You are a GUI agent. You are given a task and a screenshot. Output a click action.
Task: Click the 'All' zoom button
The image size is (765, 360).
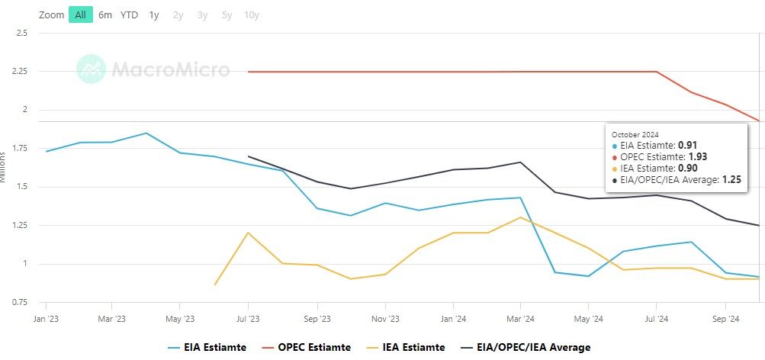[80, 15]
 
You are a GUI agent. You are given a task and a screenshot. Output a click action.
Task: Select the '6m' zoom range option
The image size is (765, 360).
[105, 15]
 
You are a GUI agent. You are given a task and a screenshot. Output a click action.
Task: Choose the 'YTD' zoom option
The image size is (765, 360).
[129, 15]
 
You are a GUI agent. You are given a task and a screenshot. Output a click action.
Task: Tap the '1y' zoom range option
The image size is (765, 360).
[154, 15]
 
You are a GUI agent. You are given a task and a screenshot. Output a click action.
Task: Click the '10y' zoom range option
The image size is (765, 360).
[251, 15]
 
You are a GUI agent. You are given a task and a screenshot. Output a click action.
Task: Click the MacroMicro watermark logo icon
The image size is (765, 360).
[91, 69]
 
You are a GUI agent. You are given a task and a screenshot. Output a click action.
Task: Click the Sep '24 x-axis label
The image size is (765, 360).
[725, 318]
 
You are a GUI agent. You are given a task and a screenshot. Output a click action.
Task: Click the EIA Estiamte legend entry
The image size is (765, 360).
[207, 347]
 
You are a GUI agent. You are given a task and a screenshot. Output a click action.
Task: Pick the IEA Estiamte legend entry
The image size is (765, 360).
[413, 347]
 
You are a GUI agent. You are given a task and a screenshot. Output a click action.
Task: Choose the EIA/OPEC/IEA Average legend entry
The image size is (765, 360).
[526, 347]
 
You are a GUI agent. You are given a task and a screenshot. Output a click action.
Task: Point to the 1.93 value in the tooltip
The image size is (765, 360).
[698, 156]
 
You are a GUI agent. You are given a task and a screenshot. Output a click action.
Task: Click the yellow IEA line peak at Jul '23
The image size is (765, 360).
[248, 233]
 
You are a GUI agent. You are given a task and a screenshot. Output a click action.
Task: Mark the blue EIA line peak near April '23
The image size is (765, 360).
[146, 133]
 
